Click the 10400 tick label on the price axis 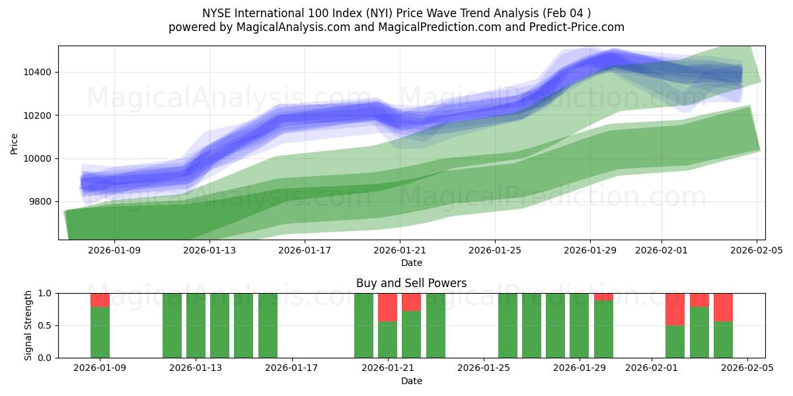(x=38, y=72)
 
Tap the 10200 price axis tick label (x=38, y=115)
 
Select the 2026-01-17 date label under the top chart (x=305, y=250)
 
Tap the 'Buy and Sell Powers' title (x=411, y=283)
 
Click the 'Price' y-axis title (x=15, y=143)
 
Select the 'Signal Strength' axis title (x=28, y=325)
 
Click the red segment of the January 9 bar (x=100, y=300)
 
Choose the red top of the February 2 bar (x=675, y=310)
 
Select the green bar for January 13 (x=196, y=325)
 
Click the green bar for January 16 (x=268, y=325)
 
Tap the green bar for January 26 (x=508, y=325)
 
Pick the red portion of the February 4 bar (x=723, y=308)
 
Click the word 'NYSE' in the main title (x=217, y=13)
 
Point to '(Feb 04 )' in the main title (x=568, y=13)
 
